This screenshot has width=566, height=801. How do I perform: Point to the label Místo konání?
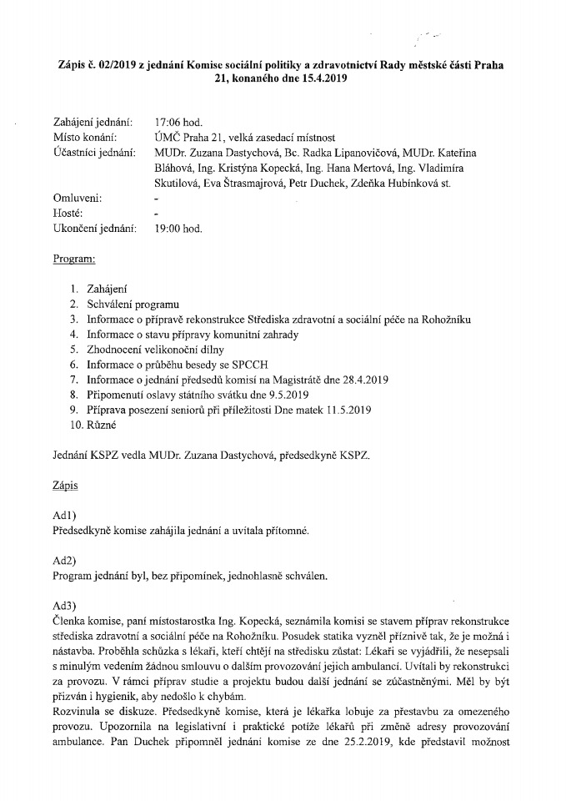point(84,137)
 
